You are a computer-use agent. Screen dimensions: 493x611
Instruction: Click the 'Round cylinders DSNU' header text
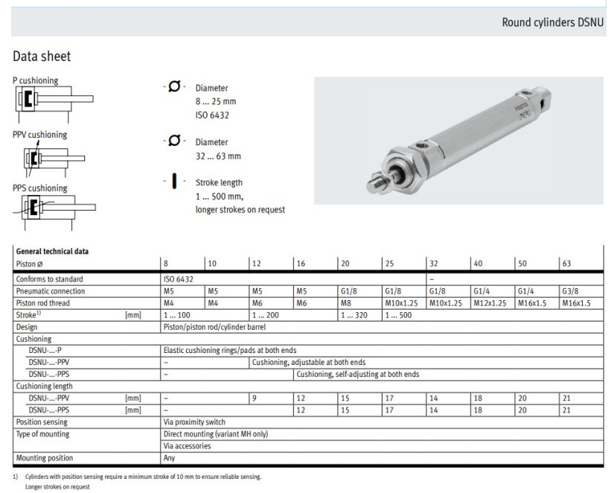[554, 22]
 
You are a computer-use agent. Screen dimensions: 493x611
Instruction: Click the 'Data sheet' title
[41, 56]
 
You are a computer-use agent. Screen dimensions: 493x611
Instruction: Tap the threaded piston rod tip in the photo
[377, 178]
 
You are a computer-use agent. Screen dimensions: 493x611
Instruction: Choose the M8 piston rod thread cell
[346, 302]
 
